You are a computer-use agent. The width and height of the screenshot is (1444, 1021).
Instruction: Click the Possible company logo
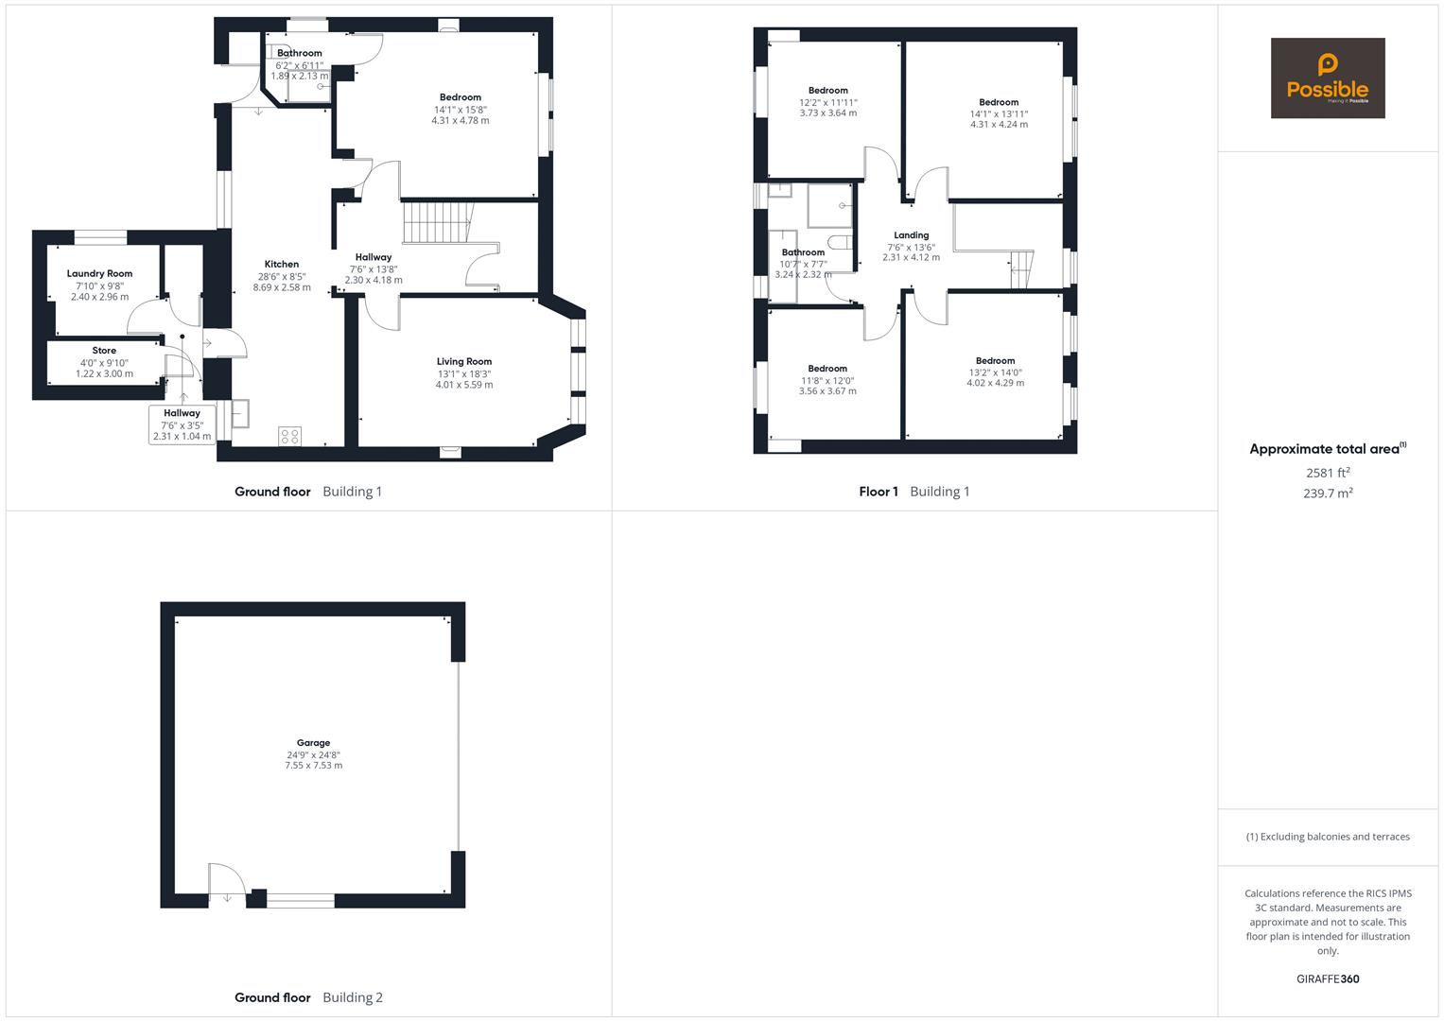point(1327,78)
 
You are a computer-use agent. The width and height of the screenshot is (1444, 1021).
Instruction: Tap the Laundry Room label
point(99,273)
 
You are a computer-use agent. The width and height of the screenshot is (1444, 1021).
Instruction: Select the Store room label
point(104,351)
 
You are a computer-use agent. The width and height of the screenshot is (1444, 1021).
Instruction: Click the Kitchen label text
point(281,265)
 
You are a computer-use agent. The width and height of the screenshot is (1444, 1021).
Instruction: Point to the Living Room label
point(463,361)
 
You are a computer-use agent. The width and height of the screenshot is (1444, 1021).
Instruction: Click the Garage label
point(313,743)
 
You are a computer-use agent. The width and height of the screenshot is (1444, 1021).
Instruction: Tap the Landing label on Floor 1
point(911,235)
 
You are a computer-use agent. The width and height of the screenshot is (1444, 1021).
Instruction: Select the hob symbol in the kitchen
point(290,436)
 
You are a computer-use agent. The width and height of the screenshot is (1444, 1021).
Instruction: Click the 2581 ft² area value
point(1327,473)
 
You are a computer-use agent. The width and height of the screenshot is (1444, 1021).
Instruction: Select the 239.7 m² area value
point(1327,493)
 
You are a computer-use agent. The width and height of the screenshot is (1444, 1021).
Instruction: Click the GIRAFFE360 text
point(1327,978)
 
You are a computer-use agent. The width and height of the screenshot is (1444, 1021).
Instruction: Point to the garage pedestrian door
point(227,884)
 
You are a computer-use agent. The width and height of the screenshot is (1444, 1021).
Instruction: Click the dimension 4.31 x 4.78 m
point(460,121)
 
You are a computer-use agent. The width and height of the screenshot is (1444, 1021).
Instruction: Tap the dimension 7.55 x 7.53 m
point(313,766)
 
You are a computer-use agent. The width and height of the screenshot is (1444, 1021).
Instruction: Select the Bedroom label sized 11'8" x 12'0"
point(827,369)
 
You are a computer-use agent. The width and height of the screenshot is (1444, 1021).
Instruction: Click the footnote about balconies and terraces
point(1327,837)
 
